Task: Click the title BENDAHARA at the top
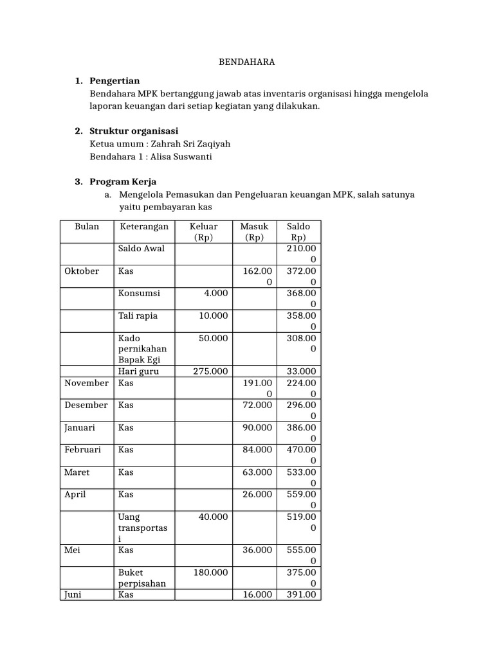(247, 62)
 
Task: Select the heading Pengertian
(116, 81)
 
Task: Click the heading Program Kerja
(123, 181)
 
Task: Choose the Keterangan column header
(143, 226)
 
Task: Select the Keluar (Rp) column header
(203, 231)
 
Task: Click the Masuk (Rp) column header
(254, 231)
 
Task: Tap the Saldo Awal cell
(142, 248)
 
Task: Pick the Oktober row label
(82, 271)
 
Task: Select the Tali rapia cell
(138, 316)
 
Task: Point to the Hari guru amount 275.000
(210, 371)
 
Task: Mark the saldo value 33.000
(299, 371)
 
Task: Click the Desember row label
(86, 405)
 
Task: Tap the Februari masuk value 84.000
(257, 450)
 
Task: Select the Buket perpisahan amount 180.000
(210, 572)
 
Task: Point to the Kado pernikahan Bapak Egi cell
(142, 348)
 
